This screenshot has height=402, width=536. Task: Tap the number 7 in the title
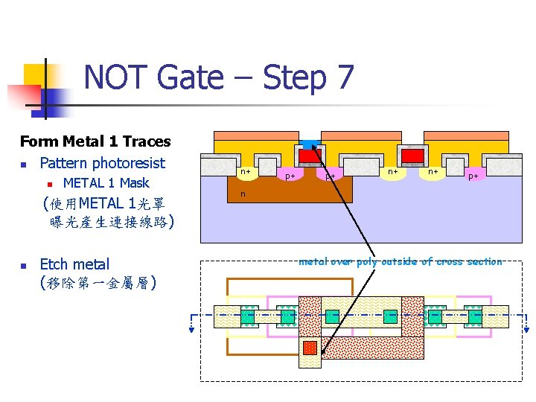pos(344,77)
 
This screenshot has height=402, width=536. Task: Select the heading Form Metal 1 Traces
pos(95,141)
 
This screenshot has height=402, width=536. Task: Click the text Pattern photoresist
pos(103,163)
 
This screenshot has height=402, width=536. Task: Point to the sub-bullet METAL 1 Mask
pos(106,183)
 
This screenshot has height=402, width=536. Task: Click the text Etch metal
pos(74,264)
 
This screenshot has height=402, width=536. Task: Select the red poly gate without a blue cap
pos(414,155)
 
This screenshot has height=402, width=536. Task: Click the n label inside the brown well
pos(242,194)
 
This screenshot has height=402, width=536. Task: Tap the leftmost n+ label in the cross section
pos(244,172)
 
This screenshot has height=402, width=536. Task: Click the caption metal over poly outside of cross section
pos(400,261)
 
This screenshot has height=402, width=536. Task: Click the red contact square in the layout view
pos(310,348)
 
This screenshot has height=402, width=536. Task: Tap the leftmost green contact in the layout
pos(247,316)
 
